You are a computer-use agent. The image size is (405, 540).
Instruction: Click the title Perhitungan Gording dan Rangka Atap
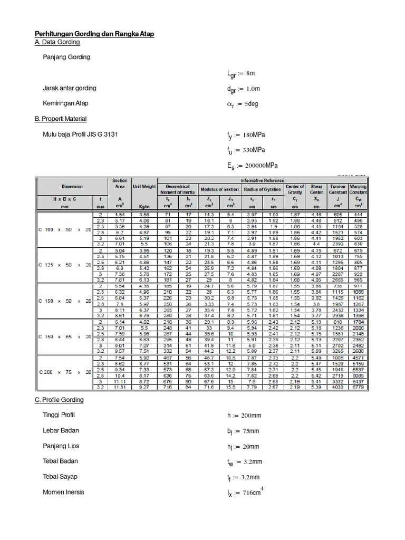94,34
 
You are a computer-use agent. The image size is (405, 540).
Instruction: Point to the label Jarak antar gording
70,88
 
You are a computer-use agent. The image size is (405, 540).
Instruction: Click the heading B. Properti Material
61,119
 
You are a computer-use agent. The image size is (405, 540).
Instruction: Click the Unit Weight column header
144,187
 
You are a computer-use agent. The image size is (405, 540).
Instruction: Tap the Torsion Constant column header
337,189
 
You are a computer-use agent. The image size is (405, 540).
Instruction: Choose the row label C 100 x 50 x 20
62,230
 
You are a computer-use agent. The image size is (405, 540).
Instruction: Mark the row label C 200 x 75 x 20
62,372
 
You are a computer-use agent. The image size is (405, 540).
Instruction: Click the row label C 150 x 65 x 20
62,336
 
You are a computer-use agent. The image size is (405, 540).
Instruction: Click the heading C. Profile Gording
59,400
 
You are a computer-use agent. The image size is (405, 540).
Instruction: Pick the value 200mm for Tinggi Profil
249,416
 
